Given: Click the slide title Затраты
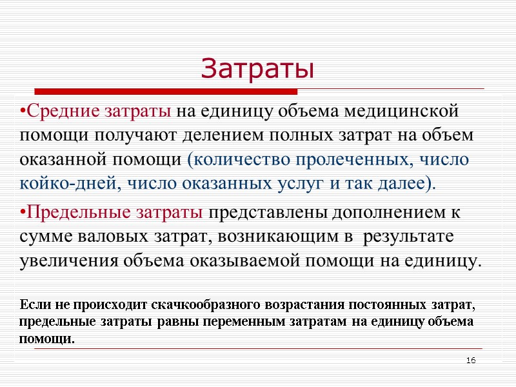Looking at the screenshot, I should [257, 68].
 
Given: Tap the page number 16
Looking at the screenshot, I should [471, 359].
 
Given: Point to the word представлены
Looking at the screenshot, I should [268, 212].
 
